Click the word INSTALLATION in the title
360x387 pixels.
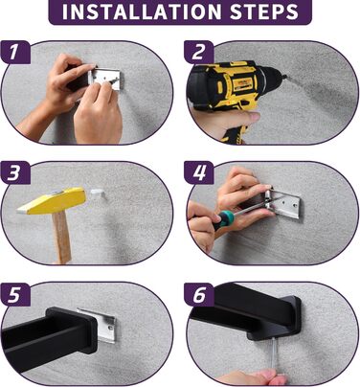(x=142, y=11)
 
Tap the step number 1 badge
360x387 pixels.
(x=15, y=52)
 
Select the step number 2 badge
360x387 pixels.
(x=199, y=52)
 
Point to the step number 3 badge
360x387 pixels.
(x=15, y=172)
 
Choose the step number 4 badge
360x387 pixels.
(x=199, y=172)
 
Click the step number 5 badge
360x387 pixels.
(x=15, y=294)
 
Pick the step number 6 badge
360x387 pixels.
(x=199, y=294)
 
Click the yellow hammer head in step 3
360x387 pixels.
(x=52, y=200)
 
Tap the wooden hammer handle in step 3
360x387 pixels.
(x=61, y=238)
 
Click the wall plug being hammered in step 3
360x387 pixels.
(x=98, y=193)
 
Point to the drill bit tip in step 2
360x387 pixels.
(x=286, y=77)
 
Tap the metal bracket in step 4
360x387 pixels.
(x=283, y=204)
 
